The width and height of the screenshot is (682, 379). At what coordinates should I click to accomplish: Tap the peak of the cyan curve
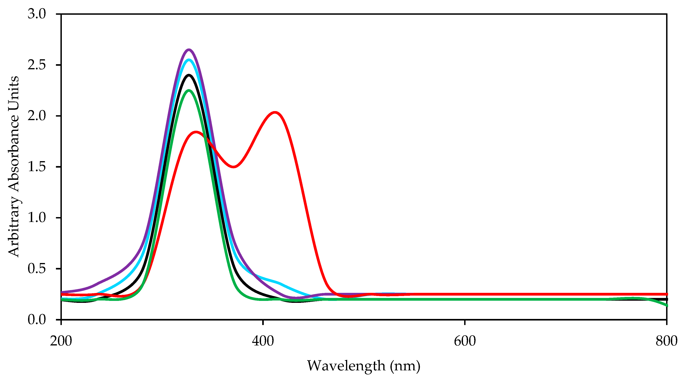click(x=189, y=60)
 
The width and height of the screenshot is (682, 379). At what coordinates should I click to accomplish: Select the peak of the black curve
click(x=189, y=75)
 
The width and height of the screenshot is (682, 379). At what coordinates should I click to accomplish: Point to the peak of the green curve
click(x=189, y=90)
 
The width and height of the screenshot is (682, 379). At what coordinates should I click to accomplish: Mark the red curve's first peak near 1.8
click(x=196, y=132)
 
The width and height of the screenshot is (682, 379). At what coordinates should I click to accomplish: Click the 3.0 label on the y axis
click(x=37, y=14)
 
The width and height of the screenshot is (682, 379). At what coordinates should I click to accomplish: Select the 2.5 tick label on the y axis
click(x=37, y=65)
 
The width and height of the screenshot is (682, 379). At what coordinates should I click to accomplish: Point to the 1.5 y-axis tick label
click(x=37, y=167)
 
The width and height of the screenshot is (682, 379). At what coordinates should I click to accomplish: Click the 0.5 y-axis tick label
click(x=37, y=268)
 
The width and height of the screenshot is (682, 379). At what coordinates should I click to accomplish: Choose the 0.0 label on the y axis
click(x=37, y=320)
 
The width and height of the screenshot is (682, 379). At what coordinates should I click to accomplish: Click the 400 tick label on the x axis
click(x=263, y=341)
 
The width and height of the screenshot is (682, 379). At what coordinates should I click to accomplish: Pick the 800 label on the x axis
click(x=666, y=341)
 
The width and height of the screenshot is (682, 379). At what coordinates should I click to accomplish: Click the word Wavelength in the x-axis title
click(x=346, y=366)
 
